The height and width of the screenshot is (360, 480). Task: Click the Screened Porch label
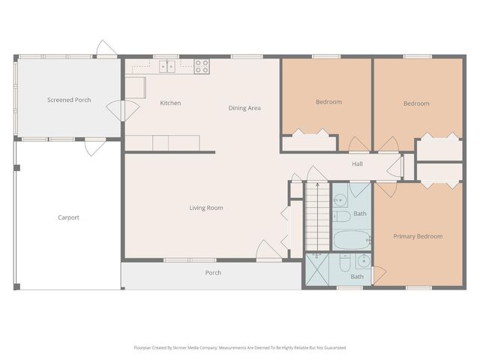click(69, 100)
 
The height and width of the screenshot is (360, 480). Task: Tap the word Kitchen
click(170, 103)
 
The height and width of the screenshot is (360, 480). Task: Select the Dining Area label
click(244, 108)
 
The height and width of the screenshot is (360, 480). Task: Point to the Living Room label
click(206, 208)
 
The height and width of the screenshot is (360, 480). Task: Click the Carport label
click(68, 217)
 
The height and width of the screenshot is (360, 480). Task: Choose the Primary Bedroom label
click(418, 236)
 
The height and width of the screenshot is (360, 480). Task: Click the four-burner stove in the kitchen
click(202, 66)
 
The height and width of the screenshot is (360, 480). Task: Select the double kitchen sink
click(166, 66)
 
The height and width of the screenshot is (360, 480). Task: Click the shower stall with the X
click(317, 269)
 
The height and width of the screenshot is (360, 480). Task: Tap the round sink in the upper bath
click(340, 200)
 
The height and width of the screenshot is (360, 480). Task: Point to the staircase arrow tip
click(316, 184)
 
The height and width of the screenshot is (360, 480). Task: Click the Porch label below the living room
click(213, 272)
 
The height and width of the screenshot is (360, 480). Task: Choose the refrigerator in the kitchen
click(135, 88)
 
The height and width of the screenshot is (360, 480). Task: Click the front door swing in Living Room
click(265, 250)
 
